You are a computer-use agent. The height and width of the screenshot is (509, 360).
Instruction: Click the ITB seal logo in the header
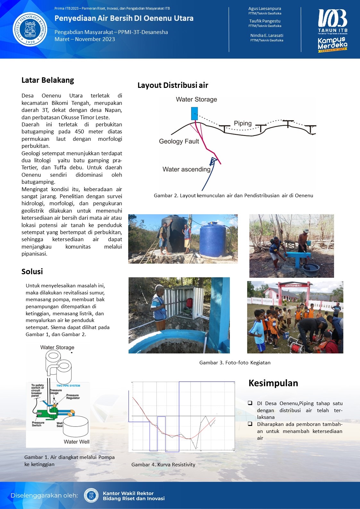point(30,29)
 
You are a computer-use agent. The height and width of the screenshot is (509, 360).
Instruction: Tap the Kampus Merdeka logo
point(332,45)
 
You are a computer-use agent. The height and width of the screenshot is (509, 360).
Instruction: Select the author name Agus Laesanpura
point(264,9)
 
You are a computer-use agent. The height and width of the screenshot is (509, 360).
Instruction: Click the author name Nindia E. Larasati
point(267,35)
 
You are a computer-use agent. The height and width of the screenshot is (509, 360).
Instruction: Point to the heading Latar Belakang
point(48,80)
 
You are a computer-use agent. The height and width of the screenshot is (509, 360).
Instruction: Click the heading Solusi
point(32,272)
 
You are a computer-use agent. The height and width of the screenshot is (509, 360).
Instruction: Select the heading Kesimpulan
point(273,383)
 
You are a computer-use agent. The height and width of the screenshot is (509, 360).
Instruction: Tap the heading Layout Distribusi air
point(173,85)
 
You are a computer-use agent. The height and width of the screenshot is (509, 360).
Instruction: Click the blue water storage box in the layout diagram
point(194,114)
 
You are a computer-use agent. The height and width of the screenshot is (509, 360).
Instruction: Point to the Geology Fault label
point(179,141)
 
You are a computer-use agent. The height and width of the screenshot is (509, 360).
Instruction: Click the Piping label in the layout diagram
point(243,123)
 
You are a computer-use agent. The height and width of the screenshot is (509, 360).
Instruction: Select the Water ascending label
point(186,169)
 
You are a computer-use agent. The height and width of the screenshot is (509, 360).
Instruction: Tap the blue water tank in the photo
point(213,240)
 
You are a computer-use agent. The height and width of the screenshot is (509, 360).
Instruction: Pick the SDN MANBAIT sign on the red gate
point(294,285)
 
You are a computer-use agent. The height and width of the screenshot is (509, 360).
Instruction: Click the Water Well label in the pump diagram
point(77,442)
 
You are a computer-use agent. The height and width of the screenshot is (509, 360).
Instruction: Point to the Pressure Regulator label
point(73,396)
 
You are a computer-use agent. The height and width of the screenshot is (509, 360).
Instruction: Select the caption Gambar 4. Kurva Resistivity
point(163,465)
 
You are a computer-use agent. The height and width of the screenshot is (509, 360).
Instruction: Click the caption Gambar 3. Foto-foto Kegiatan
point(235,363)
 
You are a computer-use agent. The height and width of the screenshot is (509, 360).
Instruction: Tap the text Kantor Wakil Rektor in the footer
point(128,493)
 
